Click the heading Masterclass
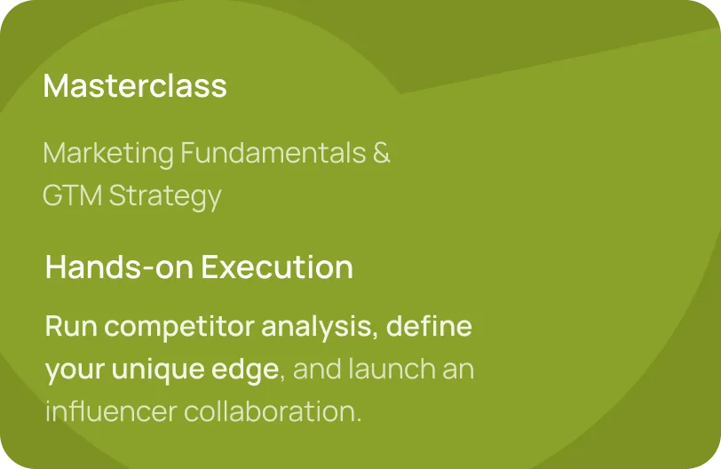coord(135,85)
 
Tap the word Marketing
coord(108,154)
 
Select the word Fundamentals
coord(273,152)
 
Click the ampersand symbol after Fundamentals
coord(381,152)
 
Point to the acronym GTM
coord(72,195)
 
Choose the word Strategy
coord(165,196)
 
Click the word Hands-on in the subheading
coord(119,266)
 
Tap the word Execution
coord(277,266)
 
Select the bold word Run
coord(71,327)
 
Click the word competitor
coord(179,328)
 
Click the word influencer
coord(111,410)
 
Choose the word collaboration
coord(273,410)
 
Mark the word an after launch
coord(458,370)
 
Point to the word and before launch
coord(317,369)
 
